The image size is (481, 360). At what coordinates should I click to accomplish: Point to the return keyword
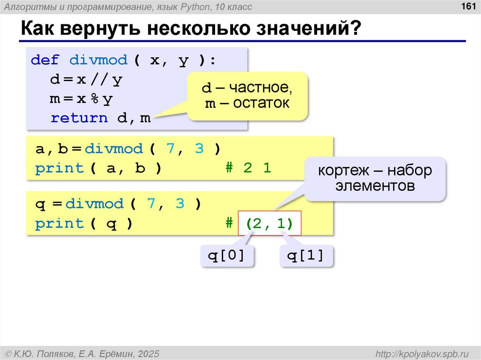79,118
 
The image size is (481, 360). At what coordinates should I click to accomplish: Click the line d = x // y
86,80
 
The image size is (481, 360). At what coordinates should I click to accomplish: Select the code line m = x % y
82,99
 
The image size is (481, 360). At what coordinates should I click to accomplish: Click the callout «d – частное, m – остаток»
248,95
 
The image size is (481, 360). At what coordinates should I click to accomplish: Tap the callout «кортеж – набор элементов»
375,178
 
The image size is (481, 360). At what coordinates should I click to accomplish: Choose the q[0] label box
227,256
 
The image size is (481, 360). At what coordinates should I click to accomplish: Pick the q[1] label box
306,256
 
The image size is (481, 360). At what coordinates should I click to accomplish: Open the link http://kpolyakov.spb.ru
419,353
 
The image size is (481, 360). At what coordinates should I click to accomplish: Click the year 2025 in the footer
149,353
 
